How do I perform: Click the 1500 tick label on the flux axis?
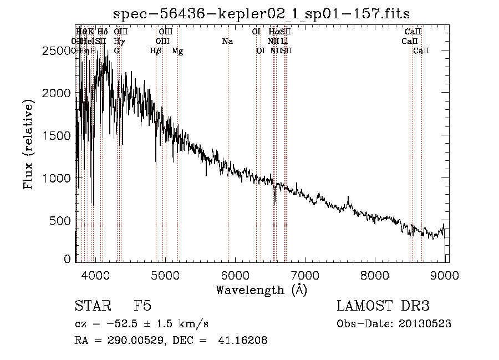point(59,135)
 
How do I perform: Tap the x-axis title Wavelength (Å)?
point(261,290)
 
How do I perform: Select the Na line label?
point(227,41)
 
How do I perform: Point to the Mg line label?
point(177,51)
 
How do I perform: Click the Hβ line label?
point(156,51)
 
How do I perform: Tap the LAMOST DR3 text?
point(383,307)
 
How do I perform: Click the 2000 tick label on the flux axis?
point(59,93)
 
